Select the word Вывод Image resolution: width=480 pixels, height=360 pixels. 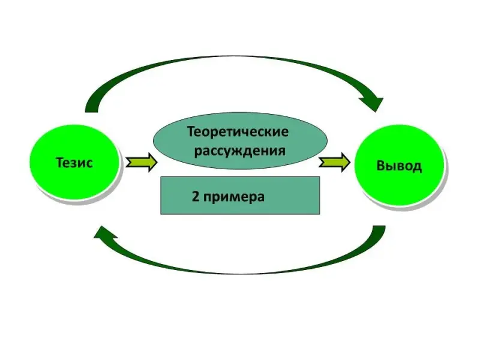tap(399, 166)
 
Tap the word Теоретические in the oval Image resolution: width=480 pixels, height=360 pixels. tap(238, 131)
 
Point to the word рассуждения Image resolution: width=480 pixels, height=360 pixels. tap(238, 149)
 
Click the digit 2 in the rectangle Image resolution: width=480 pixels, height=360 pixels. tap(196, 196)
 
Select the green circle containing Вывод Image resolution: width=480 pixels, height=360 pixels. tap(399, 165)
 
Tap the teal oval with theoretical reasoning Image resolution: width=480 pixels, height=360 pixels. tap(240, 140)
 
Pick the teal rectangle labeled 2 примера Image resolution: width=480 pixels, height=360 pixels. tap(240, 196)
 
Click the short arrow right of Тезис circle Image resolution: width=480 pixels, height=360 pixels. tap(142, 163)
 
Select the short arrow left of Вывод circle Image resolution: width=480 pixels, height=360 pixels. tap(334, 162)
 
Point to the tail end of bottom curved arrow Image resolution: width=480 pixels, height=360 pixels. tap(378, 231)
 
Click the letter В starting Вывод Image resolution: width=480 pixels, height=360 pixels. tap(382, 166)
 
